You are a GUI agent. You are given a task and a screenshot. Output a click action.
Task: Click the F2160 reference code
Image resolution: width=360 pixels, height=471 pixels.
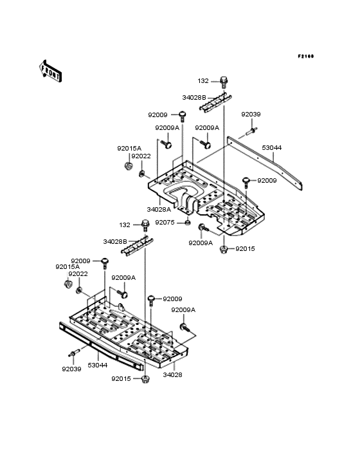[x=305, y=57]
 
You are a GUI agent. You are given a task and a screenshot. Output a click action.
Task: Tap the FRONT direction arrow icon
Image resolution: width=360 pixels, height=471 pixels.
[x=51, y=70]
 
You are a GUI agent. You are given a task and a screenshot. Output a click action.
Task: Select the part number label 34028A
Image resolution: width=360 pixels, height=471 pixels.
[x=158, y=209]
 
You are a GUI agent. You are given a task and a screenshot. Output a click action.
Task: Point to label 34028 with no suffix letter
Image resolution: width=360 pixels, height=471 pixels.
[x=172, y=374]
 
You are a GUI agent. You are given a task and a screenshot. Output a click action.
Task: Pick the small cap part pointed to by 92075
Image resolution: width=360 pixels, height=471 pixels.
[x=187, y=223]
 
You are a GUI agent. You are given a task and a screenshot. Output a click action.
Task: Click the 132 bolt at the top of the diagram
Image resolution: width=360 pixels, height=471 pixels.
[x=224, y=82]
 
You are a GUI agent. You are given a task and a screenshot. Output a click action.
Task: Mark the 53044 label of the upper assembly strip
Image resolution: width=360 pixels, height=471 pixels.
[x=272, y=147]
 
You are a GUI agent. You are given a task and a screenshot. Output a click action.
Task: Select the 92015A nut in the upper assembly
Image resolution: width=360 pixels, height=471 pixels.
[x=128, y=167]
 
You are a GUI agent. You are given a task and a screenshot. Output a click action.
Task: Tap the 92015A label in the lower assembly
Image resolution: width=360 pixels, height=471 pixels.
[x=67, y=266]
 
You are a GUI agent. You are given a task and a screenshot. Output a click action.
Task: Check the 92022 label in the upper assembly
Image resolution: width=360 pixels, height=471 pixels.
[x=141, y=156]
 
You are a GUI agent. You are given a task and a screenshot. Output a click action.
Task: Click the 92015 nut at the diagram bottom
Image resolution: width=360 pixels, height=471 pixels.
[x=147, y=378]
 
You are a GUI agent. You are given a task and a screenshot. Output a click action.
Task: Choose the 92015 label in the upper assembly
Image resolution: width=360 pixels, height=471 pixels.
[x=246, y=248]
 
